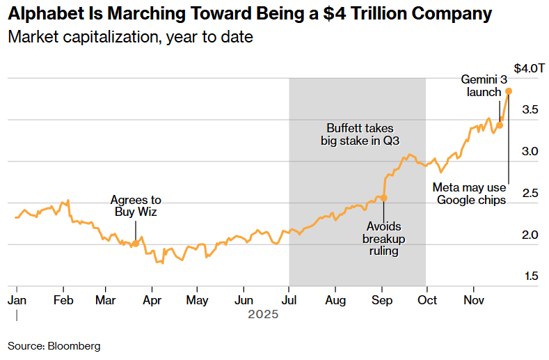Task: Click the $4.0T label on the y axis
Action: click(x=529, y=69)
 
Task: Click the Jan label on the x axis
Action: click(x=16, y=299)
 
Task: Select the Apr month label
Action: click(x=152, y=299)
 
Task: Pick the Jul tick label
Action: click(x=289, y=299)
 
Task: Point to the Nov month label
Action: click(x=473, y=299)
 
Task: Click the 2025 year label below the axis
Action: click(x=263, y=314)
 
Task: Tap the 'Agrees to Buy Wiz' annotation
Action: click(x=136, y=206)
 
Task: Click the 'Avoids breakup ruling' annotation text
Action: click(x=383, y=239)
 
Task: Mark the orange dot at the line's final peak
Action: click(x=509, y=91)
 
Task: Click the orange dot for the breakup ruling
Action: click(x=383, y=198)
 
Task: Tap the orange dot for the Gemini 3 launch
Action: click(x=500, y=125)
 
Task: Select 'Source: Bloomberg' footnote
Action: click(x=54, y=345)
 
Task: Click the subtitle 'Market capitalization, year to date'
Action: click(x=130, y=37)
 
